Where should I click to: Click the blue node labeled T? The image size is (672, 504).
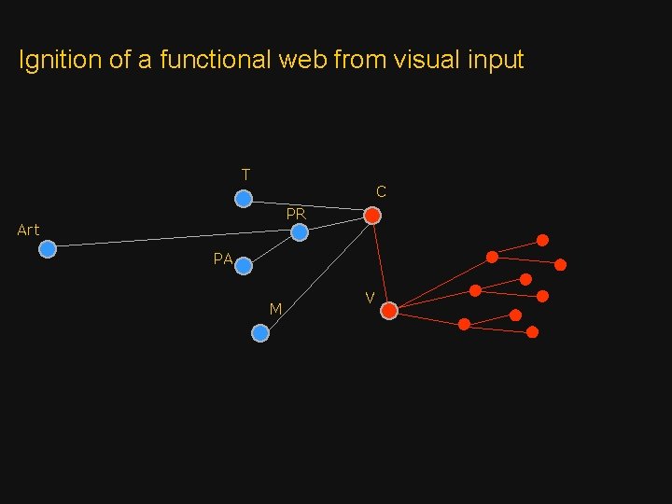[x=243, y=199]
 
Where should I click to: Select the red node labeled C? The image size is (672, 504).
[x=371, y=216]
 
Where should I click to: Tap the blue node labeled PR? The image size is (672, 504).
[x=299, y=232]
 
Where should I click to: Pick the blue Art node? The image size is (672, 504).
[x=48, y=249]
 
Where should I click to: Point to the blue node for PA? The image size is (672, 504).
[x=244, y=266]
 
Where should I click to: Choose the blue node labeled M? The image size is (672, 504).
[x=260, y=332]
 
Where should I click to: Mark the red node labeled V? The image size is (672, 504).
[x=389, y=311]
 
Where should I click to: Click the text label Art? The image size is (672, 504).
[x=28, y=230]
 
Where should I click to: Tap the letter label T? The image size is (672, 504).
[x=245, y=175]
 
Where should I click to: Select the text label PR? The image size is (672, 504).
[x=296, y=214]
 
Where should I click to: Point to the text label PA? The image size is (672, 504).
[x=222, y=259]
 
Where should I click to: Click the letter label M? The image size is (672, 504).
[x=275, y=309]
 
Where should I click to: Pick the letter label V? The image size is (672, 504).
[x=371, y=298]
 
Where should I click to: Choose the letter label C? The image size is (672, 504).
[x=381, y=191]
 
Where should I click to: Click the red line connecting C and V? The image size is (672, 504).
[x=380, y=261]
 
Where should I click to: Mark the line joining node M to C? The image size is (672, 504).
[x=317, y=273]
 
